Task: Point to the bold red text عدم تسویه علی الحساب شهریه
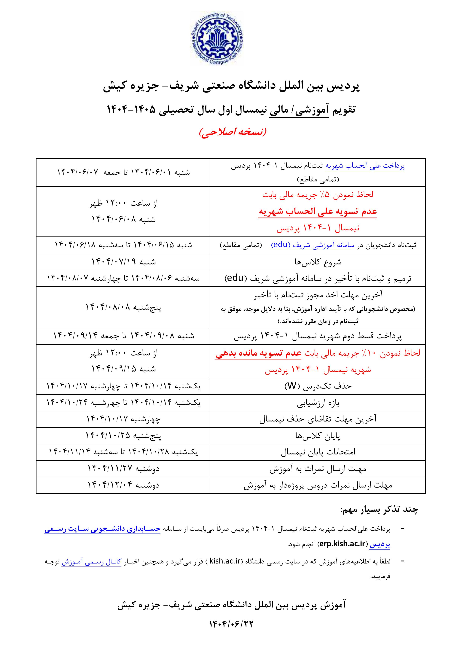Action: coord(318,212)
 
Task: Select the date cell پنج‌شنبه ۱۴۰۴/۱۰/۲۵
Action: coord(123,435)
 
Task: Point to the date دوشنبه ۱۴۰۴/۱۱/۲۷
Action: coord(123,468)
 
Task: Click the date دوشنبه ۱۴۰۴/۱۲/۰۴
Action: coord(123,485)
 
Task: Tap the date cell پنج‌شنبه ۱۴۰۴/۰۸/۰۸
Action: coord(123,307)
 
